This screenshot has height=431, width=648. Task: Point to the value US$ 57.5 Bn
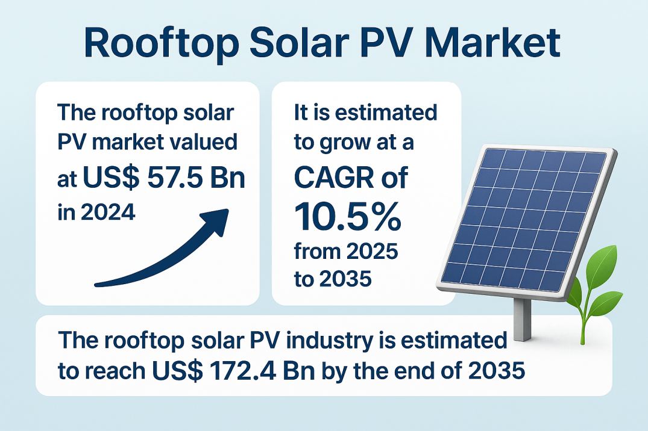(164, 178)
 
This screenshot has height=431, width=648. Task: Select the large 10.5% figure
(348, 216)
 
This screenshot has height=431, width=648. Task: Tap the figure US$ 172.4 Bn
(233, 370)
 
